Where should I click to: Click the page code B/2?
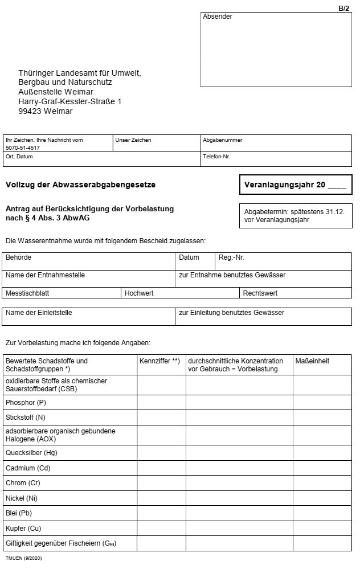tap(343, 8)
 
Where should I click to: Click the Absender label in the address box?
tap(218, 17)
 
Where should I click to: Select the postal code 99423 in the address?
tap(30, 111)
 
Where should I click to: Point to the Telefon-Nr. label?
tap(216, 156)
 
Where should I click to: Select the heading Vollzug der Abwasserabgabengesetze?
tap(80, 185)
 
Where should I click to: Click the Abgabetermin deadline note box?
tap(296, 215)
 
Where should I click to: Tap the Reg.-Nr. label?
tap(231, 257)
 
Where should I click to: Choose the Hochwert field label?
tap(139, 293)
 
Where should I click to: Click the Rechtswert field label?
tap(260, 293)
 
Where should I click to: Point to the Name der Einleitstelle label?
tap(39, 313)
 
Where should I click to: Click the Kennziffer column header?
tap(159, 361)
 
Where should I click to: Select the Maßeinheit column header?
tap(312, 361)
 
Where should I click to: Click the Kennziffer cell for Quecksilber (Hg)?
tap(161, 453)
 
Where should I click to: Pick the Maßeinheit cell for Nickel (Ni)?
tap(322, 498)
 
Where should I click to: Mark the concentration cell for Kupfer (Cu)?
tap(239, 528)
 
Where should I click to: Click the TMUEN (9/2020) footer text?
tap(24, 558)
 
